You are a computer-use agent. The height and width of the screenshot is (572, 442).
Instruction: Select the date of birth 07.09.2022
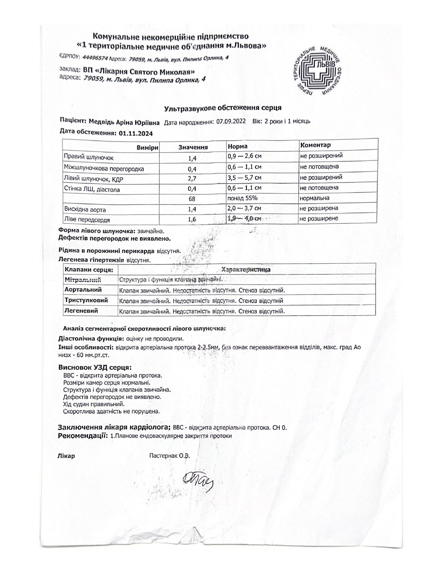(231, 121)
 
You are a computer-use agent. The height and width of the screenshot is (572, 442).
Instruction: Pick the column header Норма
(237, 146)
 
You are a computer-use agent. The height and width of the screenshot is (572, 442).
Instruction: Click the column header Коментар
(315, 145)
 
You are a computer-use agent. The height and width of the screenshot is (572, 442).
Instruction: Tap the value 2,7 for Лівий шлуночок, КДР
(192, 179)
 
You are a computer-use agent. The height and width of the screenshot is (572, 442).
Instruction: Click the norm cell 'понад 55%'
(242, 198)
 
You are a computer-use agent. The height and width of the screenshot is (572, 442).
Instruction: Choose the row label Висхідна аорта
(85, 209)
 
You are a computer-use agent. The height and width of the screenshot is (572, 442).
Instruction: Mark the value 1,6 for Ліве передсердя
(192, 219)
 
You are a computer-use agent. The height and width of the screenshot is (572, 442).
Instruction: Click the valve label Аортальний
(83, 289)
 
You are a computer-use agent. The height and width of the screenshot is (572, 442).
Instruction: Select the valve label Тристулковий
(86, 300)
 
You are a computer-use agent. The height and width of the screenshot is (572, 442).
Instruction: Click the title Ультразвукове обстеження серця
(223, 108)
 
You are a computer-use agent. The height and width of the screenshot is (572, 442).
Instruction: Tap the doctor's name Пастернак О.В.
(170, 456)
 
